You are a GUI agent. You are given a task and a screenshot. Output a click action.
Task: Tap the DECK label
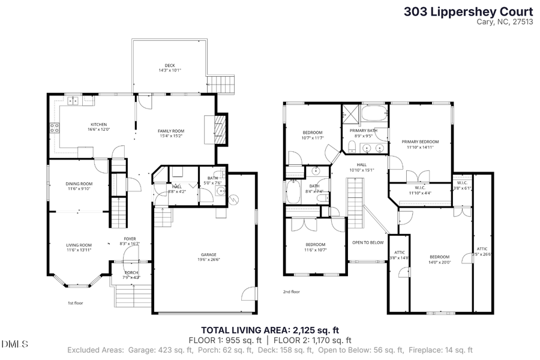[x=170, y=66]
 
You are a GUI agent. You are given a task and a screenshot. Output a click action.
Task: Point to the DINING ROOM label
[x=79, y=184]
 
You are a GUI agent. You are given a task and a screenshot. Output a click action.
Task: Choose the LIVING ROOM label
[x=79, y=245]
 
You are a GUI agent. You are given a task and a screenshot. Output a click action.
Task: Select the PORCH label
[x=130, y=272]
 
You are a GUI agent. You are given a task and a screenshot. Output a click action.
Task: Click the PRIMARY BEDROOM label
[x=420, y=142]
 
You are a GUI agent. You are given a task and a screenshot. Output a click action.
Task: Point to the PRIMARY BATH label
[x=363, y=130]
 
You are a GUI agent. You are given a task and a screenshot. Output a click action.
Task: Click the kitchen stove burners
[x=54, y=127]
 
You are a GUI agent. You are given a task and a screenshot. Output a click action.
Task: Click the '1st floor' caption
[x=75, y=303]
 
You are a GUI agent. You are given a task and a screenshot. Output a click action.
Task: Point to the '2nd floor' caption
[x=292, y=292]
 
